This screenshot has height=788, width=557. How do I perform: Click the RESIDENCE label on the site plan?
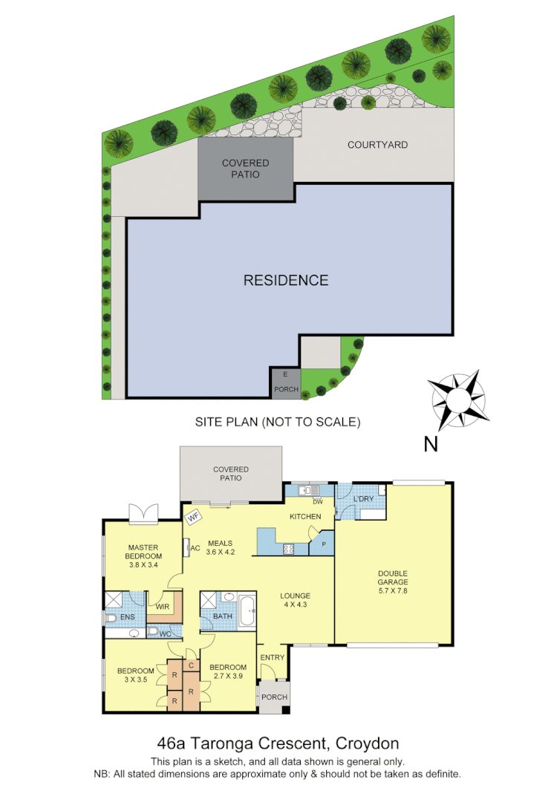tap(286, 280)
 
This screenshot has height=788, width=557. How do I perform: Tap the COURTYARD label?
tap(377, 145)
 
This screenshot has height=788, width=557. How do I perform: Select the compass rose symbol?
tap(455, 401)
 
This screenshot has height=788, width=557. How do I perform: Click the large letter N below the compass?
tap(430, 445)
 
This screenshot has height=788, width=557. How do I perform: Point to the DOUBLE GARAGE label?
tap(393, 577)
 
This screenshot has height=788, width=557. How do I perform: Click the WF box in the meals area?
tap(195, 515)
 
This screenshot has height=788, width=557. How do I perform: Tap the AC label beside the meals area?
tap(196, 549)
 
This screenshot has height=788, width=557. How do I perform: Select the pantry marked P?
tap(322, 543)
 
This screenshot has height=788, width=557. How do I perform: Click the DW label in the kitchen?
tap(306, 501)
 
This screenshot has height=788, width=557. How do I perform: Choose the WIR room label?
tap(163, 607)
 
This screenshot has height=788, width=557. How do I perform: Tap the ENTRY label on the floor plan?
tap(273, 657)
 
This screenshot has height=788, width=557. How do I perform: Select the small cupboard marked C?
tap(191, 665)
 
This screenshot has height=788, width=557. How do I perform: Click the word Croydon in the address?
tap(368, 743)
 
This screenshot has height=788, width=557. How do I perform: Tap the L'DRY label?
tap(363, 498)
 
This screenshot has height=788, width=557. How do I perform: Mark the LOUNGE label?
tap(295, 596)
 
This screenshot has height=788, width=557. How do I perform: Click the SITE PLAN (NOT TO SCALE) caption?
tap(277, 422)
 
